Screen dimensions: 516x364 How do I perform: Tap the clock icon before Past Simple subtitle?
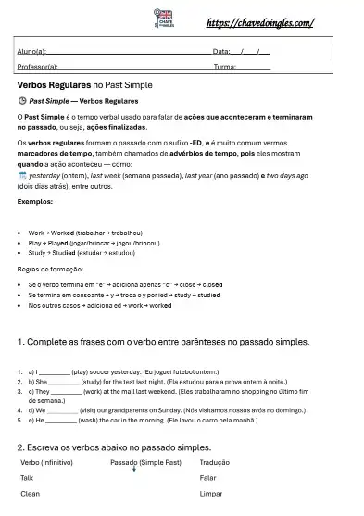(22, 100)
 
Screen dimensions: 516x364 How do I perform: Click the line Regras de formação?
(50, 269)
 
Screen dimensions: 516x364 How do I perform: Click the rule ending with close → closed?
(125, 283)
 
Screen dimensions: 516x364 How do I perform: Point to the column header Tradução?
(215, 461)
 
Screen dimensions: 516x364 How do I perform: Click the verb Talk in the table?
(27, 478)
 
